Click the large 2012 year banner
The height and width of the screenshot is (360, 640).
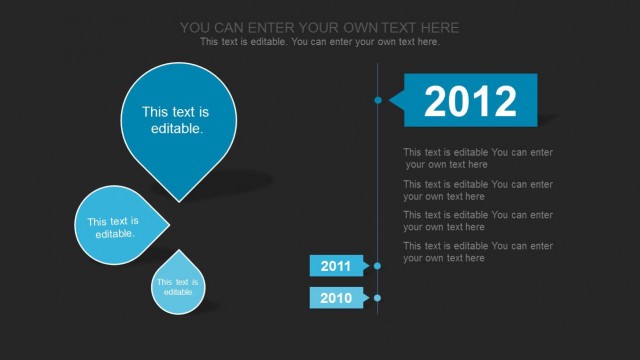pos(470,101)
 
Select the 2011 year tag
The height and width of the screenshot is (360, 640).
pos(336,266)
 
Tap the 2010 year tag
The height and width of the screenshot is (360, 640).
pos(336,298)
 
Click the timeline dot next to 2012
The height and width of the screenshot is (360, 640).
pos(378,100)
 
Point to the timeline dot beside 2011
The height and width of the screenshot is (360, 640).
pos(377,266)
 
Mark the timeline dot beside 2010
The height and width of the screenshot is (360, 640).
pos(377,298)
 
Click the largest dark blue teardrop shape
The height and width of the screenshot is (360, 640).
pos(179,115)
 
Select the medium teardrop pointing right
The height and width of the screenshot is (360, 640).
pos(115,225)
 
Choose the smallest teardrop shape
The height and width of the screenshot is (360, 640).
pos(178,285)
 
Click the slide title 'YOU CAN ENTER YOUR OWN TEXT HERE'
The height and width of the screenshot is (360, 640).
pos(320,27)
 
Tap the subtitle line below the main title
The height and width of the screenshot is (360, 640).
pos(320,42)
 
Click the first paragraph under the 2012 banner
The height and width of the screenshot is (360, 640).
pos(477,158)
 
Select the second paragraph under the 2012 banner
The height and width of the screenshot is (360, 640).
pos(477,190)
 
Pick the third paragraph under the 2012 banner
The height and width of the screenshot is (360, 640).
pos(477,221)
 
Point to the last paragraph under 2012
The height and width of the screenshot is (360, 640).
pos(477,252)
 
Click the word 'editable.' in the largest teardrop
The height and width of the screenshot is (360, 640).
pos(177,129)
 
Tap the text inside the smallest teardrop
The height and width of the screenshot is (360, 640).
pos(177,287)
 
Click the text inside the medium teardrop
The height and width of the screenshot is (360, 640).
pos(113,227)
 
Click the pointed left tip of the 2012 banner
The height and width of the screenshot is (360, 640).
pos(391,100)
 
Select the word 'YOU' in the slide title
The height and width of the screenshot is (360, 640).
pos(196,27)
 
